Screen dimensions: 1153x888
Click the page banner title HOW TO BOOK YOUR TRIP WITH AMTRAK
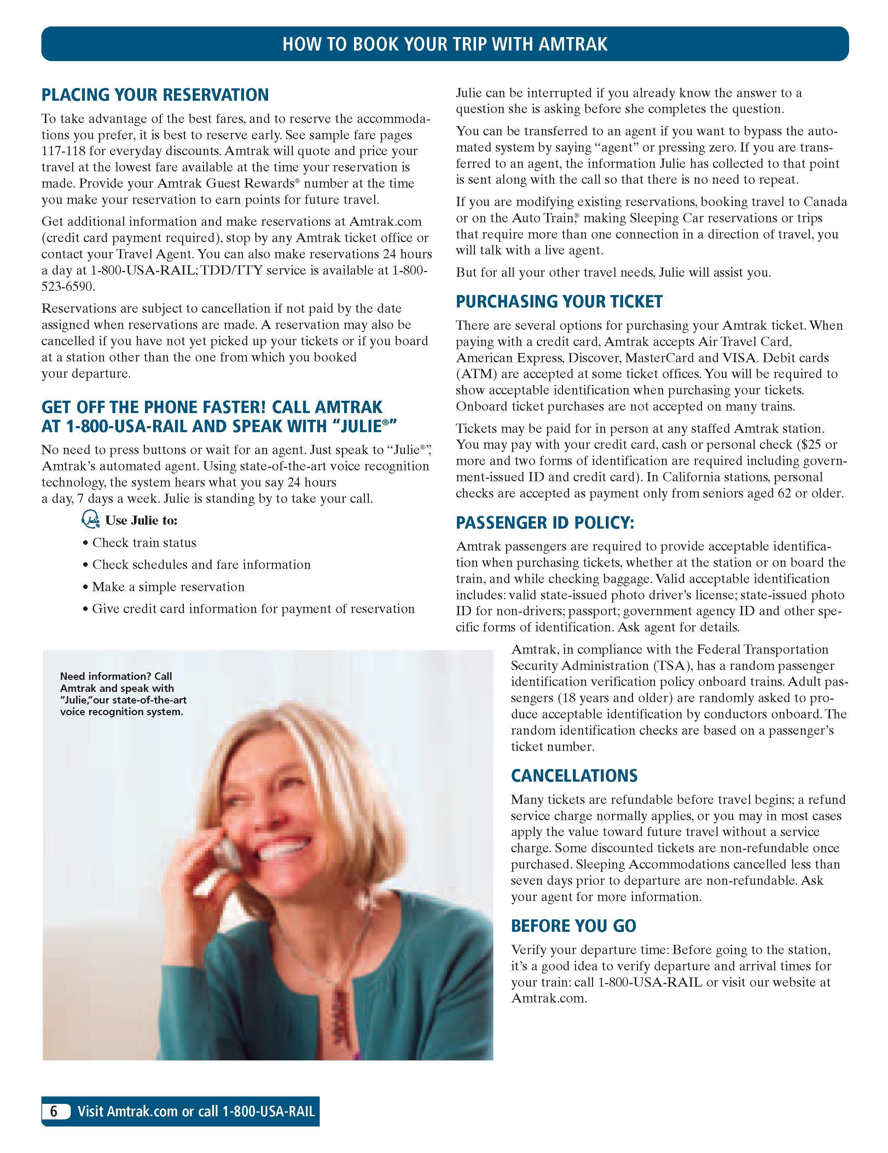445,44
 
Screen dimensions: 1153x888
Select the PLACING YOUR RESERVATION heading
155,95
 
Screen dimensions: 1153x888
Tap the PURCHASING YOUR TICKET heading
559,301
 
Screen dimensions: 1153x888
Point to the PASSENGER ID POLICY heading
545,523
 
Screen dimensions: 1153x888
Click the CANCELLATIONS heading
574,776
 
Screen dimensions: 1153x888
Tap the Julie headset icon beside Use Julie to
91,520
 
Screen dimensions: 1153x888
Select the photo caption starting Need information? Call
123,694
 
